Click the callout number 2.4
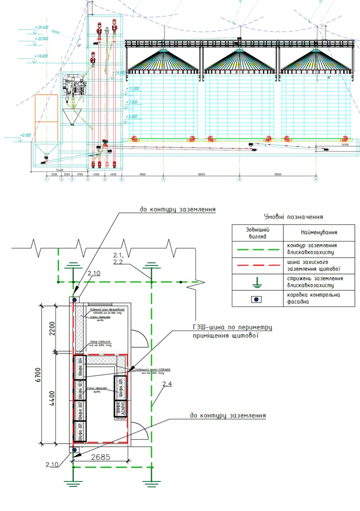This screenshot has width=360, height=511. (x=166, y=384)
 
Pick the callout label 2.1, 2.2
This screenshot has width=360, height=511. (x=118, y=258)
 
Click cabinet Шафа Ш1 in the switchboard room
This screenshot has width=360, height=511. (x=80, y=431)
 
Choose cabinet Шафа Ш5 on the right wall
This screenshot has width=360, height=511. (x=120, y=385)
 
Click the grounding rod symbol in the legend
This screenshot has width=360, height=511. (x=258, y=282)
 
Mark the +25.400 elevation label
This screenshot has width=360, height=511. (x=41, y=27)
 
